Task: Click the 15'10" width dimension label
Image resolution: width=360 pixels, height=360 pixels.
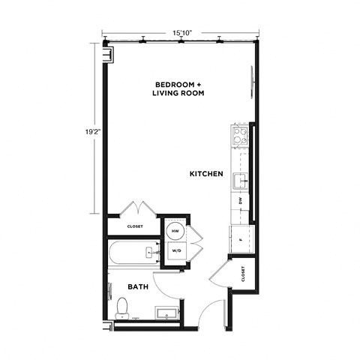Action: (181, 33)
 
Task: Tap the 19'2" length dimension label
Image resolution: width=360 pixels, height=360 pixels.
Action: (93, 130)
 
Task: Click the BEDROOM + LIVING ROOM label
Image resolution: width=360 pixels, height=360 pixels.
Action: (178, 88)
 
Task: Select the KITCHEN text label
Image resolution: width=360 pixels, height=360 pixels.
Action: (206, 174)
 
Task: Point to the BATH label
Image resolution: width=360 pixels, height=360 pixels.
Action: (137, 286)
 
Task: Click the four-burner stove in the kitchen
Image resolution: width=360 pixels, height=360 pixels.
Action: (241, 136)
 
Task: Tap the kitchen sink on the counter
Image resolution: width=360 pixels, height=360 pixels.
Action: (240, 181)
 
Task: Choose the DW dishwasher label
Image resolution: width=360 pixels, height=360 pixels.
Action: (241, 201)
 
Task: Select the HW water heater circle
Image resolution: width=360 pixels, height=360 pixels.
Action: (175, 230)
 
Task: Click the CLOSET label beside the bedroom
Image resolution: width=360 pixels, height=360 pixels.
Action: (136, 225)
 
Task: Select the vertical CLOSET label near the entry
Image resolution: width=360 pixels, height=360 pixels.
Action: (244, 275)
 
